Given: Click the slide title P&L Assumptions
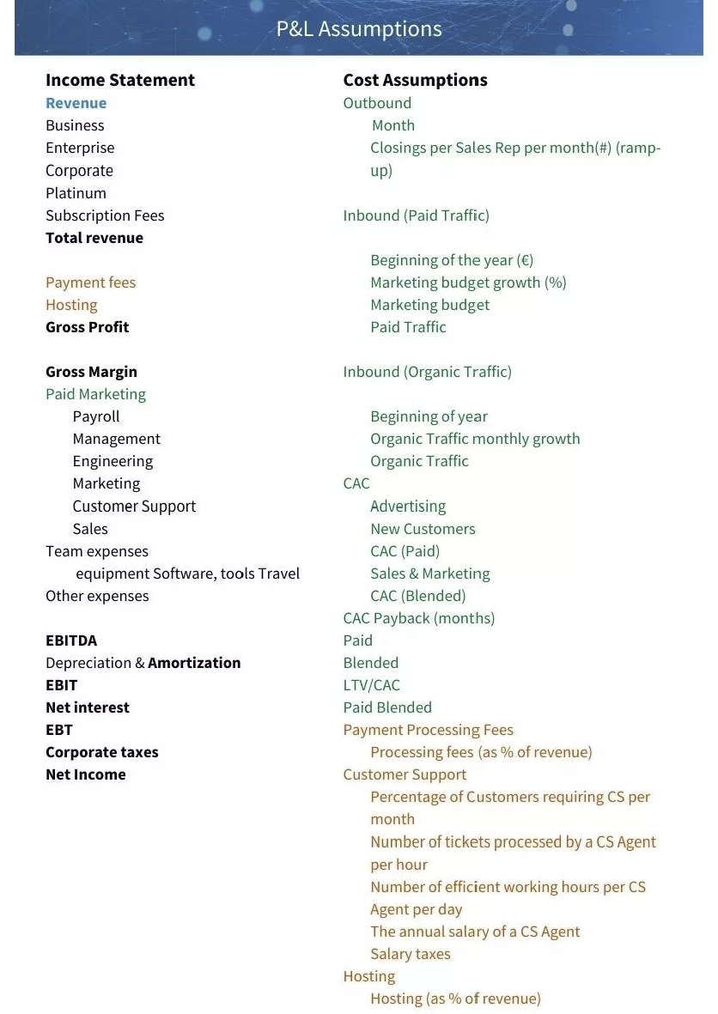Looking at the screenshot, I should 359,29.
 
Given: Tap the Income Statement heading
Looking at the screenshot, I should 120,80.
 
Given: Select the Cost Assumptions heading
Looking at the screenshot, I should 415,80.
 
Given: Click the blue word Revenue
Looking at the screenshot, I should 76,103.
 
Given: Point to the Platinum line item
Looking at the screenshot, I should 76,193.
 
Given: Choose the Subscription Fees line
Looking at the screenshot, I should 105,216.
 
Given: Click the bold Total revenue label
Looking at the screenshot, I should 94,238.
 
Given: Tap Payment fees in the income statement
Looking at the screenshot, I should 91,282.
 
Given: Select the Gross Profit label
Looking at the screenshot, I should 88,327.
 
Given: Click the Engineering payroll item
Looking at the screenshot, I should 113,461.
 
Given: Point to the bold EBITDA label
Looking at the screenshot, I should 71,641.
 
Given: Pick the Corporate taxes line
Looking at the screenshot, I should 102,752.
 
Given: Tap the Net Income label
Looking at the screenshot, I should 86,774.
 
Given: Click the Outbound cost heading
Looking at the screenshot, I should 377,103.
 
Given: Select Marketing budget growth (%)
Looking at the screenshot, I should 468,282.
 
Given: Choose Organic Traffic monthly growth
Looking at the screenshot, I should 475,439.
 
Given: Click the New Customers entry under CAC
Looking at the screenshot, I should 423,529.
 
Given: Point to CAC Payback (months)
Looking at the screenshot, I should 419,618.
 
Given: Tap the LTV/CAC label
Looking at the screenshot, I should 372,685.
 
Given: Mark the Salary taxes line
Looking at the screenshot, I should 411,954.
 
